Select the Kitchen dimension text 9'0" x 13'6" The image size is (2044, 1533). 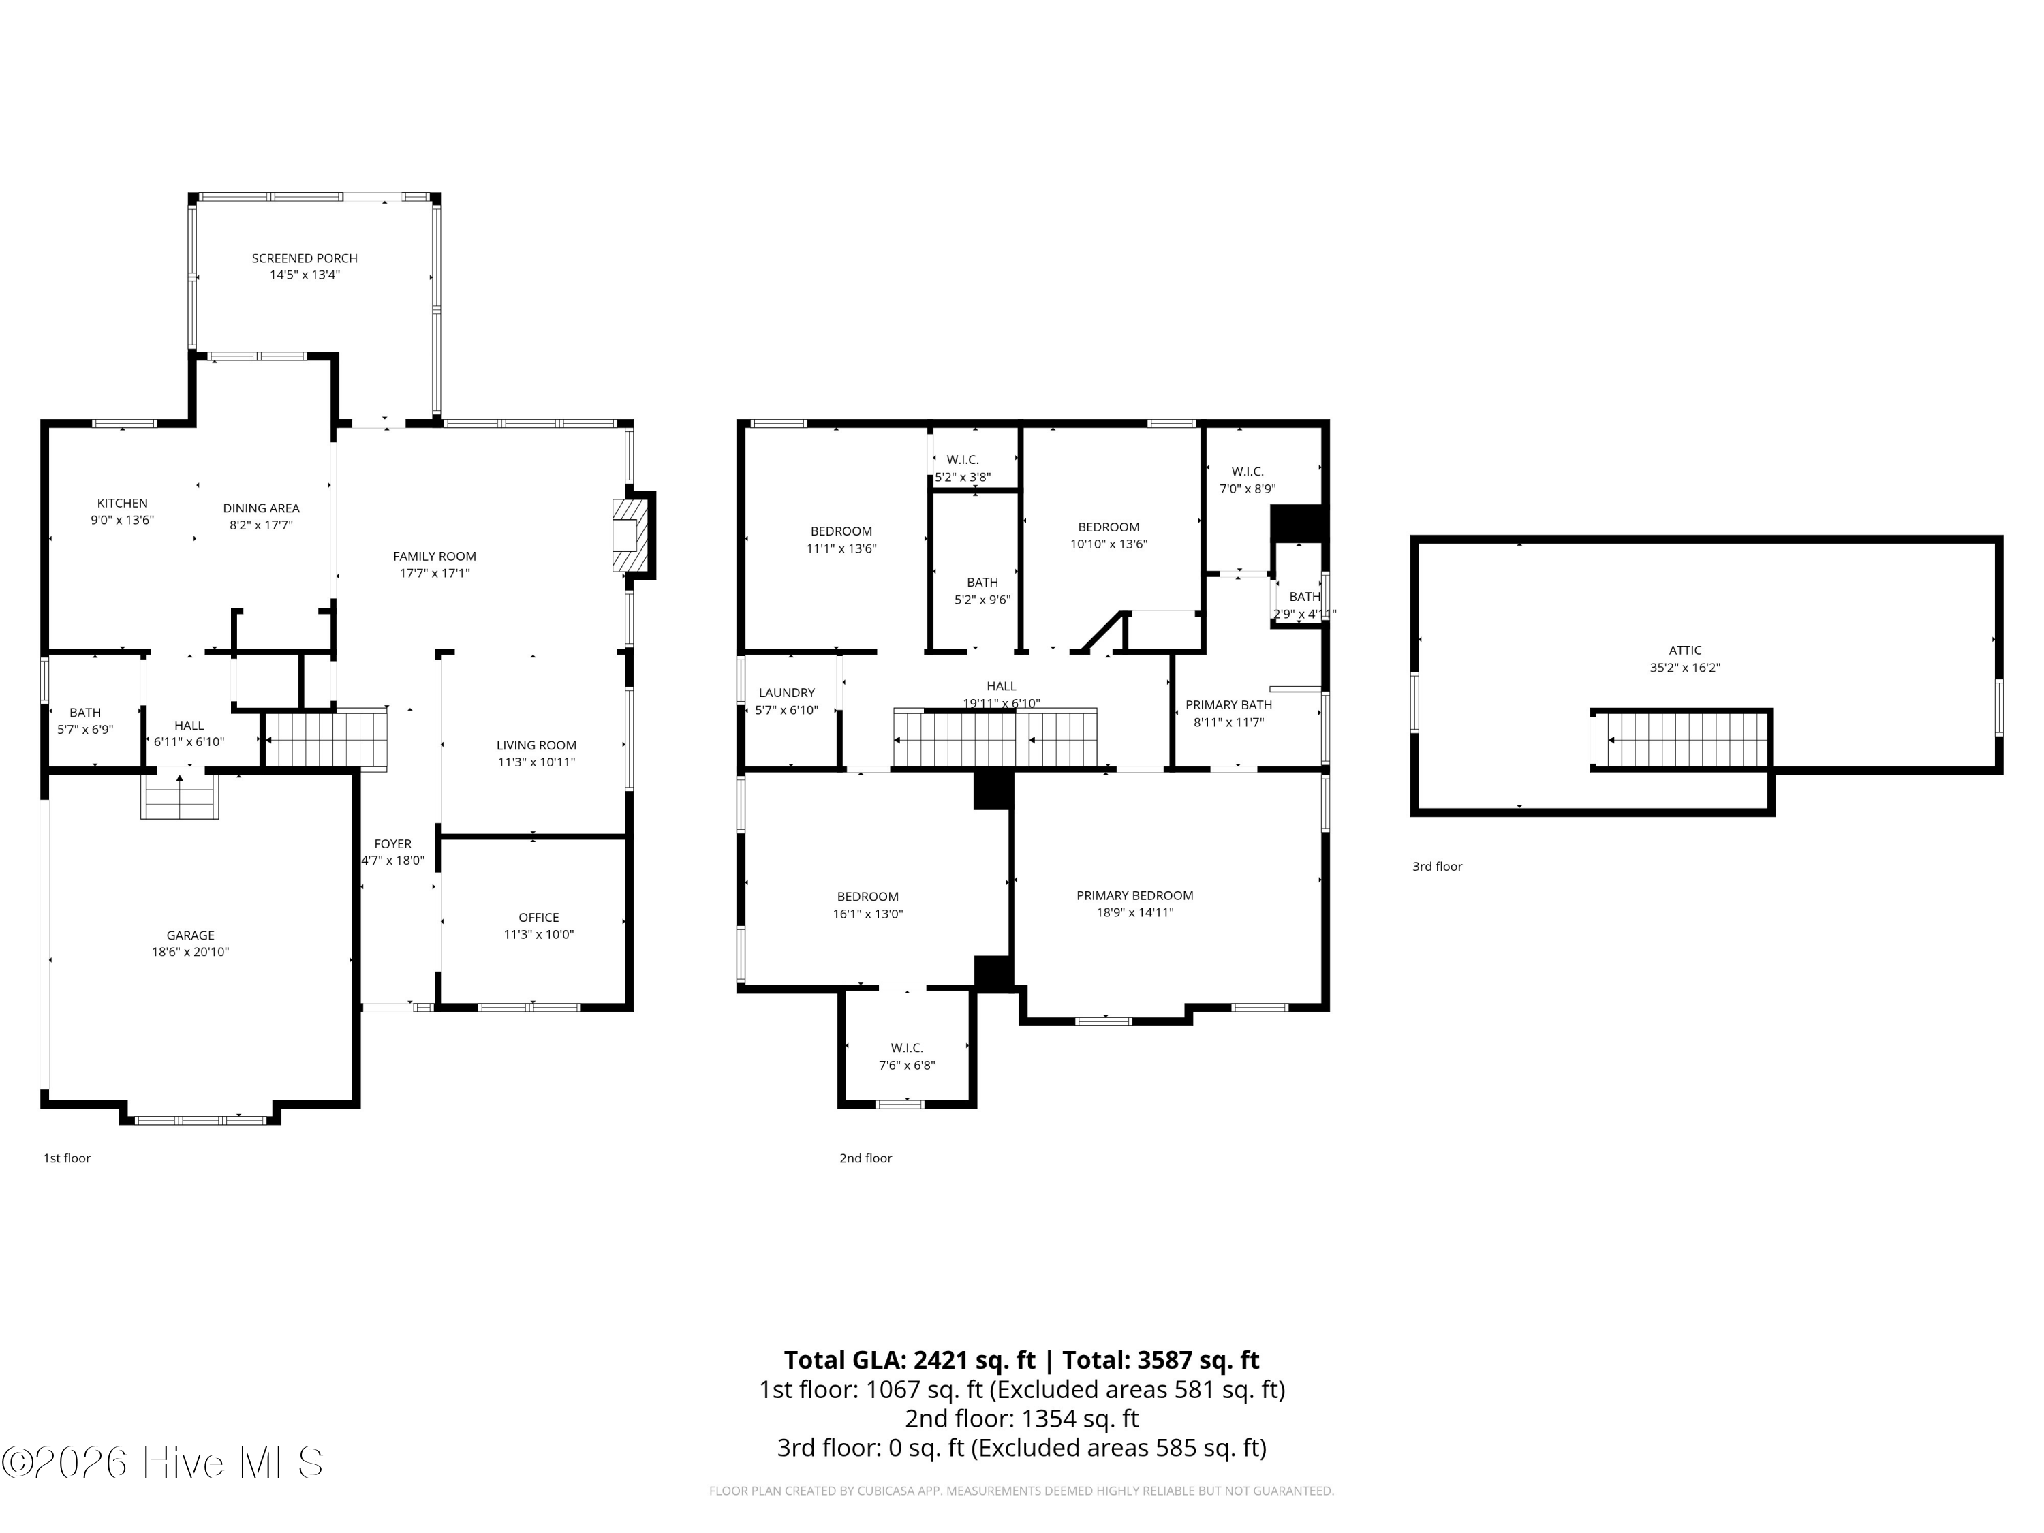coord(122,521)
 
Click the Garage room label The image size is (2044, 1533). coord(190,935)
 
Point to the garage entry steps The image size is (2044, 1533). coord(179,796)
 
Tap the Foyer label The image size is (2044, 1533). coord(392,843)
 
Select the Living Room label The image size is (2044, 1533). coord(536,745)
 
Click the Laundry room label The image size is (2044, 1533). coord(786,693)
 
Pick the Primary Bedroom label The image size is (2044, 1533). coord(1134,895)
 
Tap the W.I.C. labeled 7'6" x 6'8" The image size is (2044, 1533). coord(906,1056)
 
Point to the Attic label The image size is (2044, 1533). coord(1684,651)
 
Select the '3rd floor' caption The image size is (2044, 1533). coord(1437,867)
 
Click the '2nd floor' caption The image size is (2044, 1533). coord(865,1158)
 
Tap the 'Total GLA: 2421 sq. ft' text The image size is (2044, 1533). coord(910,1360)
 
